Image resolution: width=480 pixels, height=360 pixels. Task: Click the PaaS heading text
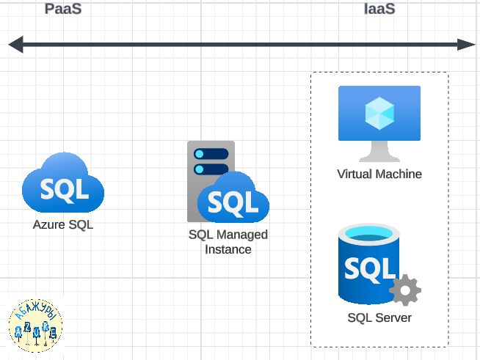pyautogui.click(x=63, y=10)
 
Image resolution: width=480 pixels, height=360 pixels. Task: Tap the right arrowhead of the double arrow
pyautogui.click(x=467, y=45)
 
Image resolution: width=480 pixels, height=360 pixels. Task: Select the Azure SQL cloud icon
pyautogui.click(x=63, y=184)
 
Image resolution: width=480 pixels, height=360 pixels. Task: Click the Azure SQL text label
pyautogui.click(x=63, y=225)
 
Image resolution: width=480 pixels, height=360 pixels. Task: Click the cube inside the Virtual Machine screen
pyautogui.click(x=379, y=112)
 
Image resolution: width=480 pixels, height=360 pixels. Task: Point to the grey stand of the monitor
pyautogui.click(x=379, y=152)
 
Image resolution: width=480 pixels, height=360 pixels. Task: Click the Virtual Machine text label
pyautogui.click(x=379, y=174)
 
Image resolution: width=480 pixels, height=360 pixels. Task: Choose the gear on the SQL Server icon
pyautogui.click(x=404, y=290)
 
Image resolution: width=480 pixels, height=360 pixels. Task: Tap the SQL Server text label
pyautogui.click(x=379, y=318)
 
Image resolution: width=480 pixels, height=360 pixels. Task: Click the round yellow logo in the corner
pyautogui.click(x=35, y=324)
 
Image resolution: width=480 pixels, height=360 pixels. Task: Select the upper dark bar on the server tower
pyautogui.click(x=211, y=154)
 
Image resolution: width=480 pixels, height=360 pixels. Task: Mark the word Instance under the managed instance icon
pyautogui.click(x=228, y=249)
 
